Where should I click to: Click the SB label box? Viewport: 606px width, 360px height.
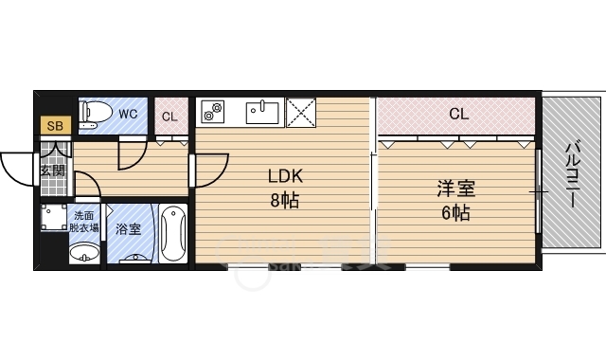click(x=56, y=125)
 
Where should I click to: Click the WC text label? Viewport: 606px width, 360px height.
click(x=128, y=114)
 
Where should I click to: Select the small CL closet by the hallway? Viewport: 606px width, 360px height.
click(x=171, y=116)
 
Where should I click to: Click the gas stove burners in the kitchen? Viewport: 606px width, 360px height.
click(x=213, y=112)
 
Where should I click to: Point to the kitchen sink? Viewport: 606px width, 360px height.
click(x=262, y=113)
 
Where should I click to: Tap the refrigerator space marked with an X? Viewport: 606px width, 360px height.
click(x=301, y=113)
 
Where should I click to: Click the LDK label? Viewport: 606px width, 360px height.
click(x=285, y=176)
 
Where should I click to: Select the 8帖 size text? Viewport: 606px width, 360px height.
click(x=285, y=201)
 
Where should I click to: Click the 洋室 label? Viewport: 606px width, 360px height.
click(x=456, y=189)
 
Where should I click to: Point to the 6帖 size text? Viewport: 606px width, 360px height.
click(x=456, y=212)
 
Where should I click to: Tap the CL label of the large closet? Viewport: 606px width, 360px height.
click(x=459, y=114)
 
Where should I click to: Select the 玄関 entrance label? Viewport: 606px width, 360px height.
click(x=53, y=171)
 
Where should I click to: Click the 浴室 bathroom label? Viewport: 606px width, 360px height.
click(x=129, y=229)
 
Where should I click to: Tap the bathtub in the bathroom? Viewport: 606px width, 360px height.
click(x=172, y=234)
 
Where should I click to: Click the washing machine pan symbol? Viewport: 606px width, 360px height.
click(x=54, y=218)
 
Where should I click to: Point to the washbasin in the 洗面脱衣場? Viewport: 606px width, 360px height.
click(x=84, y=253)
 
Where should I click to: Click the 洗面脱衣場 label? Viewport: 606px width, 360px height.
click(x=84, y=222)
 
